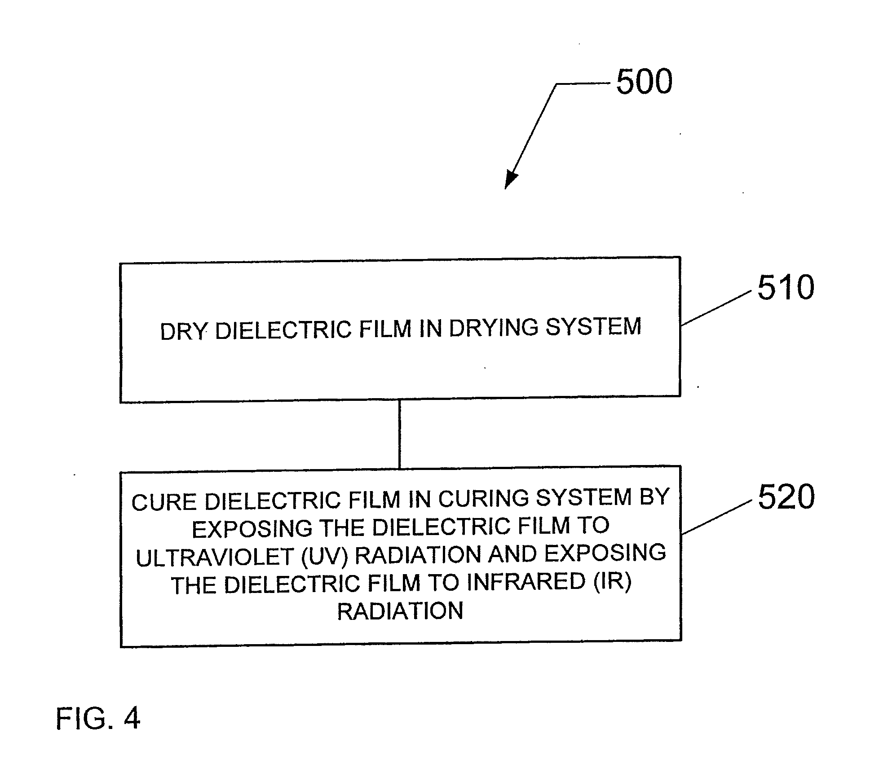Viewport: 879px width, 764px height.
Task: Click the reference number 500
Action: [x=644, y=82]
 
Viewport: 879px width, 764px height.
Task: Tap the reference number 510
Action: [x=786, y=287]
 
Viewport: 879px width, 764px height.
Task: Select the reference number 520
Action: [x=786, y=497]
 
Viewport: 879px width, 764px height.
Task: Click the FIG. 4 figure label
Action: [x=98, y=718]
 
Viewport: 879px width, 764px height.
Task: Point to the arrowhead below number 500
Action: [x=512, y=179]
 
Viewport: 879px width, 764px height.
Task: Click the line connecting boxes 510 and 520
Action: [x=399, y=434]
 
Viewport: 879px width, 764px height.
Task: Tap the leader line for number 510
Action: [x=716, y=308]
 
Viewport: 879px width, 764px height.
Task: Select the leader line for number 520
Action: [x=716, y=518]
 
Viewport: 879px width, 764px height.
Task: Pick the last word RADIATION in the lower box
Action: [x=400, y=611]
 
